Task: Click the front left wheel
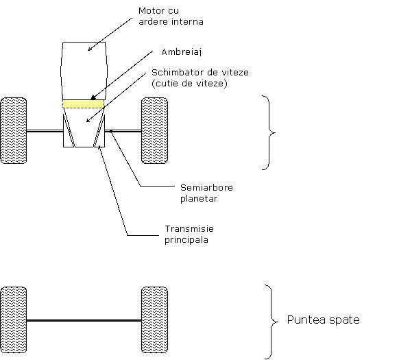(14, 130)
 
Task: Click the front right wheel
(154, 130)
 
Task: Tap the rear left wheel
(14, 320)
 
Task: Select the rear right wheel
(154, 320)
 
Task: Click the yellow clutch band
(84, 104)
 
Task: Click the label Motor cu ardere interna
(171, 16)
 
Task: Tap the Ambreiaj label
(182, 52)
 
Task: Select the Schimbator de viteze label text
(200, 73)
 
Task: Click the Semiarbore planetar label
(206, 193)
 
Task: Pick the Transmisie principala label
(189, 234)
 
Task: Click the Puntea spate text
(323, 320)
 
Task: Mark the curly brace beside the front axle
(269, 132)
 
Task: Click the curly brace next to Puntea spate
(271, 322)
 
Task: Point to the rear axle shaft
(84, 320)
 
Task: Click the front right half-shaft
(123, 131)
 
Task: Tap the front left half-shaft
(45, 131)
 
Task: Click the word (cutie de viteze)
(189, 84)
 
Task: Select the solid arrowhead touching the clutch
(93, 98)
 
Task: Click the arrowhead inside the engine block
(90, 49)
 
